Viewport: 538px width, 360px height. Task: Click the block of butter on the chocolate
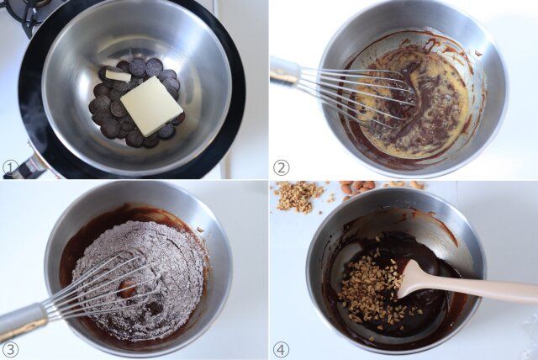(x=151, y=106)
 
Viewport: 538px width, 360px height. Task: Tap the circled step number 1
(x=10, y=167)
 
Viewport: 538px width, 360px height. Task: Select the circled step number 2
(x=282, y=167)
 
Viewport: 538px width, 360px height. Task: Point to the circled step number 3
(x=10, y=349)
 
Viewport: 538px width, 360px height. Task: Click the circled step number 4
(x=282, y=349)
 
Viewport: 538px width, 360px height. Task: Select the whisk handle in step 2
(x=284, y=71)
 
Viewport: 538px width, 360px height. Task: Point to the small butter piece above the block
(x=117, y=76)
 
